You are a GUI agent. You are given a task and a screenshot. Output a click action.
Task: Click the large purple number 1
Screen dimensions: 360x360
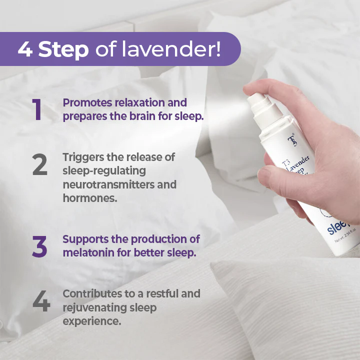[37, 110]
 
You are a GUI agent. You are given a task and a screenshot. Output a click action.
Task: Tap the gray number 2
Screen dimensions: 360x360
[39, 164]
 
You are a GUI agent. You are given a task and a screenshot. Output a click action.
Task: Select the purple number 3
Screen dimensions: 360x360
[39, 246]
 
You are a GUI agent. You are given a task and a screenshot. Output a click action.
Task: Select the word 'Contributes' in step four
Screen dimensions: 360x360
[91, 293]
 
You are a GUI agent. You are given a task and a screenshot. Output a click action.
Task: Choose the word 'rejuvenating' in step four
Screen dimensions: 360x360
[94, 307]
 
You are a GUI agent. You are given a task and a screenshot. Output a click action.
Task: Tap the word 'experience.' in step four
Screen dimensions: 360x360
[91, 320]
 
